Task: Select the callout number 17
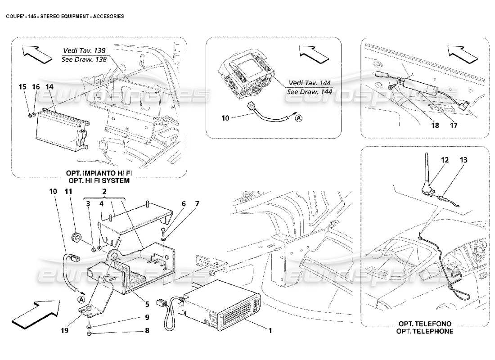pyautogui.click(x=453, y=126)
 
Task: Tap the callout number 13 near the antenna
pyautogui.click(x=464, y=160)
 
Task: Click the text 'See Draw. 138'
pyautogui.click(x=85, y=59)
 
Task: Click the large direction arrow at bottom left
pyautogui.click(x=36, y=311)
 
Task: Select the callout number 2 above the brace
pyautogui.click(x=104, y=191)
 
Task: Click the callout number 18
pyautogui.click(x=435, y=126)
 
